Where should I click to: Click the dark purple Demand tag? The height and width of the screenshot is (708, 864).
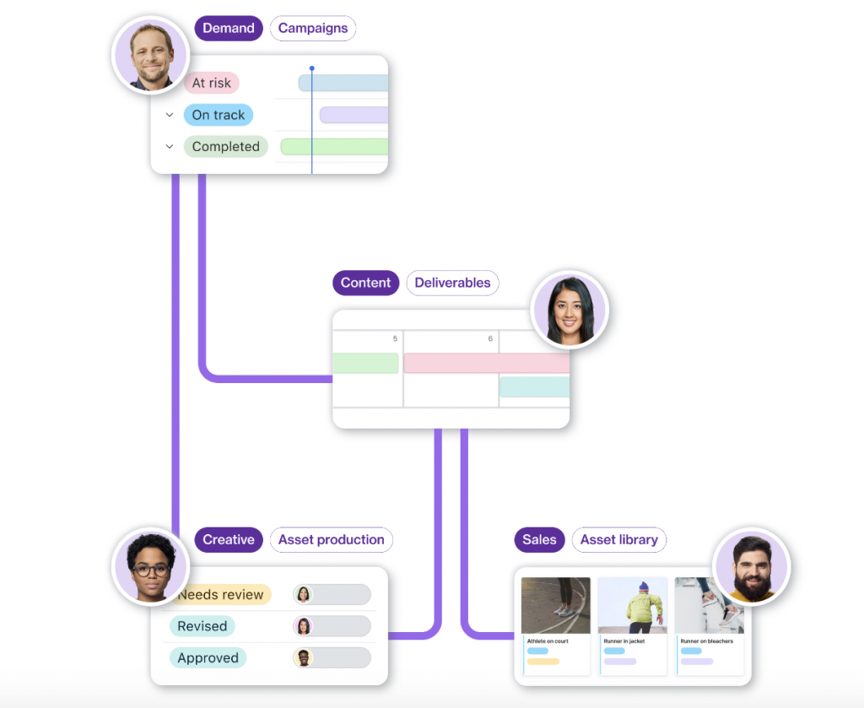[228, 29]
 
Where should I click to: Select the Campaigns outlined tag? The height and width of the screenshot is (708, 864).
[313, 29]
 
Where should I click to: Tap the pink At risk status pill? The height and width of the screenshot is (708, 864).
[212, 83]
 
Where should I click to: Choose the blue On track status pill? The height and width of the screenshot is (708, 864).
[218, 115]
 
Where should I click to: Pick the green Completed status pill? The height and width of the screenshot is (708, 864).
[225, 147]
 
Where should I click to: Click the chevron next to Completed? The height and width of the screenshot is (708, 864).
[170, 147]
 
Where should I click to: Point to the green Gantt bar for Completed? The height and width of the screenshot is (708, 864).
[334, 147]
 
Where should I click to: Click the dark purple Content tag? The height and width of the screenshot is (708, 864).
[365, 283]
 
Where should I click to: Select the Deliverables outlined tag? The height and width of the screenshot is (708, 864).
[452, 283]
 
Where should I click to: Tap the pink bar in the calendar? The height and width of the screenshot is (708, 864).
[486, 363]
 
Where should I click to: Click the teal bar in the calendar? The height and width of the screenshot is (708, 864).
[534, 386]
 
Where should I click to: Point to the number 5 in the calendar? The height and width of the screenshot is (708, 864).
[395, 339]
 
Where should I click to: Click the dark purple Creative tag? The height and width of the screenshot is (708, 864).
[228, 540]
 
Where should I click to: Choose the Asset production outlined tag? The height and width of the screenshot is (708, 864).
[331, 540]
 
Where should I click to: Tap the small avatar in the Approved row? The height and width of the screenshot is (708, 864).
[303, 658]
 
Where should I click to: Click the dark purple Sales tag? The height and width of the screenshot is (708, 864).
[539, 540]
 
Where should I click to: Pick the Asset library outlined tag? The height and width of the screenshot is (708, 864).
[619, 540]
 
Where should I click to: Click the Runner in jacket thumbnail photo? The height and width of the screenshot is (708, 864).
[632, 605]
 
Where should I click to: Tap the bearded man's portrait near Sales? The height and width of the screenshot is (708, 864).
[750, 567]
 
